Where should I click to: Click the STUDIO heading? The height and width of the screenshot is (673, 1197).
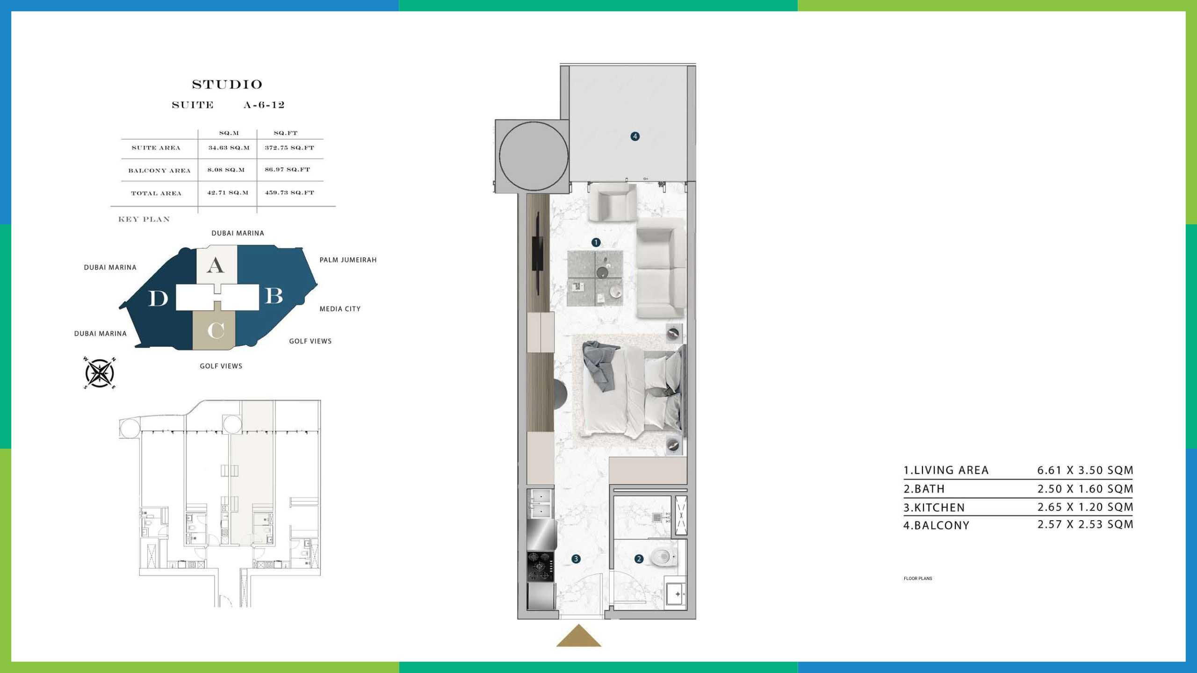pyautogui.click(x=227, y=85)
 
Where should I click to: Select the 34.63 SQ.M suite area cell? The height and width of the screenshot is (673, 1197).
pyautogui.click(x=229, y=148)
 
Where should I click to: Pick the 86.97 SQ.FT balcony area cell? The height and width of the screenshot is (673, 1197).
pyautogui.click(x=288, y=170)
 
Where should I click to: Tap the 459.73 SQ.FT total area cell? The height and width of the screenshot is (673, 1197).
pyautogui.click(x=289, y=193)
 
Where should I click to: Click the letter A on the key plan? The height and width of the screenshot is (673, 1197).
pyautogui.click(x=216, y=265)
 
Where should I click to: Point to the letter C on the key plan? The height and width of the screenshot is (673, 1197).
pyautogui.click(x=216, y=331)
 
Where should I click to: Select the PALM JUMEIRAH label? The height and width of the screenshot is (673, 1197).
pyautogui.click(x=348, y=260)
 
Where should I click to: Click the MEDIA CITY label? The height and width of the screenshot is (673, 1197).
pyautogui.click(x=340, y=309)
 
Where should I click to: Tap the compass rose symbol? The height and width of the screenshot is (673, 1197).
pyautogui.click(x=100, y=373)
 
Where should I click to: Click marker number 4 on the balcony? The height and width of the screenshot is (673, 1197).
pyautogui.click(x=635, y=136)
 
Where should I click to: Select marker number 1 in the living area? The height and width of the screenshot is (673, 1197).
pyautogui.click(x=596, y=243)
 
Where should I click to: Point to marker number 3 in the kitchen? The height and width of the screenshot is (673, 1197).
pyautogui.click(x=576, y=559)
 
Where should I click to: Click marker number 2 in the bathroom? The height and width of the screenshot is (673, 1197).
pyautogui.click(x=639, y=559)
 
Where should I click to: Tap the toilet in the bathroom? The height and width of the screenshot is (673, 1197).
pyautogui.click(x=663, y=557)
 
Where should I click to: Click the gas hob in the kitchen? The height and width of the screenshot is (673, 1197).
pyautogui.click(x=541, y=566)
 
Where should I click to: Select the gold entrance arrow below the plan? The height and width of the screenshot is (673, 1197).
pyautogui.click(x=579, y=637)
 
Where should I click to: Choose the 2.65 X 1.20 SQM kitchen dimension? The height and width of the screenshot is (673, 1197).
pyautogui.click(x=1085, y=507)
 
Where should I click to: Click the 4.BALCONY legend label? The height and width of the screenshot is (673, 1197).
pyautogui.click(x=936, y=525)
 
